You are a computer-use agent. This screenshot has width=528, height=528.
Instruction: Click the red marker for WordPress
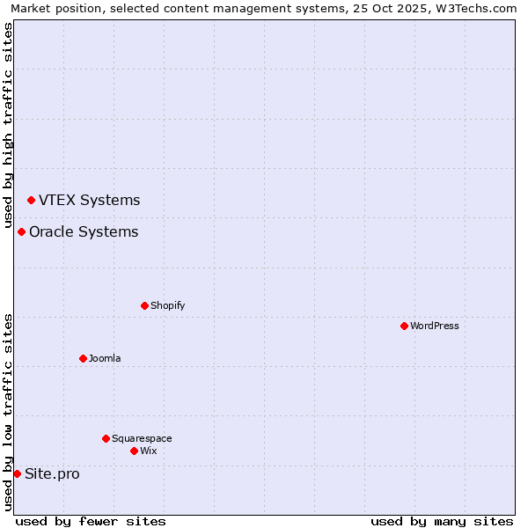coord(404,326)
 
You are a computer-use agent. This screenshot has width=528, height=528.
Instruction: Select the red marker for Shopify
coord(144,305)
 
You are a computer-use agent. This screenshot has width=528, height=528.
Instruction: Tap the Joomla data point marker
coord(83,358)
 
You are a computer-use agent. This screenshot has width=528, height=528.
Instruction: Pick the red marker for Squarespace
coord(106,438)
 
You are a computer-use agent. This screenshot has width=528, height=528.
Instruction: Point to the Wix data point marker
coord(134,451)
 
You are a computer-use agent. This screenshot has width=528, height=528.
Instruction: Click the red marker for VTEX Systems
coord(31,200)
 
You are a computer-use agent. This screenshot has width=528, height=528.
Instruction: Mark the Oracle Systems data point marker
coord(21,231)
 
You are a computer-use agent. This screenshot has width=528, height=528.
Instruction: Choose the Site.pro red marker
coord(17,473)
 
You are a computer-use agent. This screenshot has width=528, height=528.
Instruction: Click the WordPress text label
coord(435,326)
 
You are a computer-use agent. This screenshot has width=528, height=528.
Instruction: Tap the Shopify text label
coord(167,305)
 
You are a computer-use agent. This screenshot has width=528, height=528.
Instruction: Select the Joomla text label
coord(105,358)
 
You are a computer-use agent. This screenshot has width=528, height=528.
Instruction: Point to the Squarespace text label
coord(142,438)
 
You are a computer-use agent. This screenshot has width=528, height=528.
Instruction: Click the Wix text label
coord(148,451)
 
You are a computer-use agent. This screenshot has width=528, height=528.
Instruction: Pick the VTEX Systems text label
coord(89,200)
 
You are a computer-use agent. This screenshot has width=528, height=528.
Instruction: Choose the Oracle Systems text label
coord(84,231)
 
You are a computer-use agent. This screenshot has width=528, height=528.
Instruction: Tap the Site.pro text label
coord(52,473)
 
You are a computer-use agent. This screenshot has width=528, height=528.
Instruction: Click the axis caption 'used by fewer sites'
coord(91,521)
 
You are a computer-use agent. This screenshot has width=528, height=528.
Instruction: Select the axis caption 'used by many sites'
coord(442,521)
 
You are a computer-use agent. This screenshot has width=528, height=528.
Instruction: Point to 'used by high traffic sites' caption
coord(8,122)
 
